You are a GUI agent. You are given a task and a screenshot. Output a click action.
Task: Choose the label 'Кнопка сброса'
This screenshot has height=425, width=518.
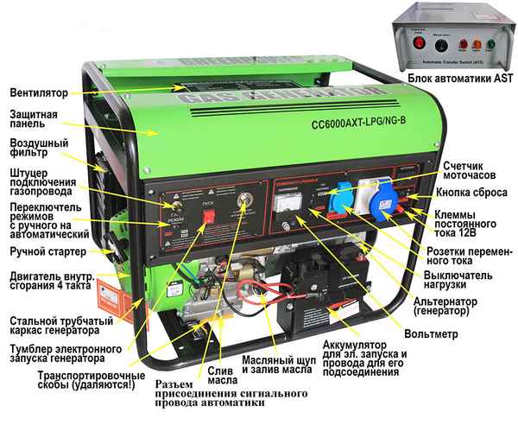click(x=471, y=193)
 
